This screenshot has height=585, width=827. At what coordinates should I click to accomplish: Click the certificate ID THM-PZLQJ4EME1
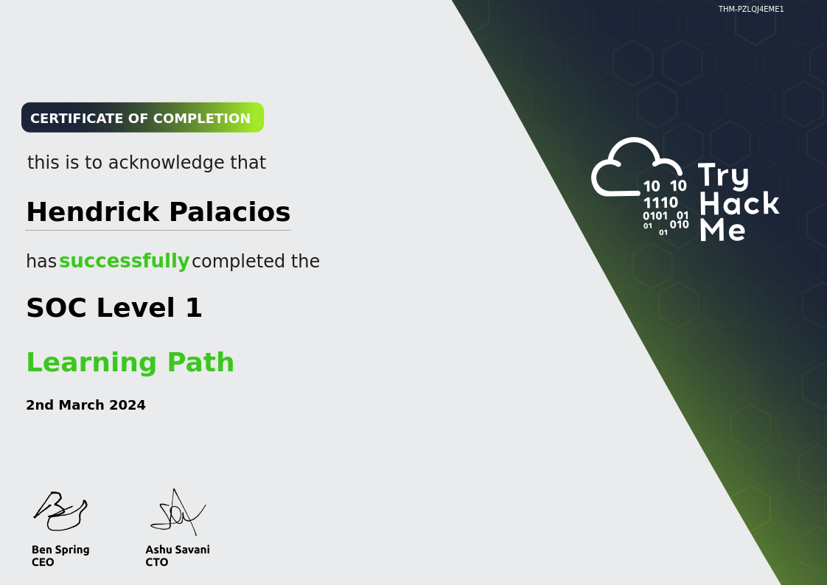click(751, 9)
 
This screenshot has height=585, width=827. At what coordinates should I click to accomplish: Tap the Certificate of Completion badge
click(142, 118)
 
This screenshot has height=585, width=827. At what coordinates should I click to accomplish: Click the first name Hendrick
click(93, 212)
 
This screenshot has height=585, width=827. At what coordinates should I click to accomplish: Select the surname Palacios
click(229, 212)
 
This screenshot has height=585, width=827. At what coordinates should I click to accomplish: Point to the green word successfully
click(124, 261)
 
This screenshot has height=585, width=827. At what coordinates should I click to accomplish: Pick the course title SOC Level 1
click(114, 308)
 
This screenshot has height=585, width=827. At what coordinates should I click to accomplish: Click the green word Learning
click(91, 362)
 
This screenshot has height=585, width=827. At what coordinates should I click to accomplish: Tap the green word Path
click(200, 362)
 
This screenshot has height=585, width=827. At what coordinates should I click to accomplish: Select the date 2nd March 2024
click(86, 404)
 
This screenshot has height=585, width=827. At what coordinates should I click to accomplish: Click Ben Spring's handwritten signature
click(60, 511)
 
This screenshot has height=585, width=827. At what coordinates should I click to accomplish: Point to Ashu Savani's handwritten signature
click(178, 512)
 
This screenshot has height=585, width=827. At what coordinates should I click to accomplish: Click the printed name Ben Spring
click(60, 550)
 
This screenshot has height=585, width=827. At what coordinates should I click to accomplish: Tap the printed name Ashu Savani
click(178, 550)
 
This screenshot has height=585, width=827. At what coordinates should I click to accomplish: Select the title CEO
click(43, 562)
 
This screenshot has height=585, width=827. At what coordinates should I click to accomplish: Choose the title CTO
click(157, 562)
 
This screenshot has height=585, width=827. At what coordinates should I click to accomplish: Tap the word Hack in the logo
click(739, 203)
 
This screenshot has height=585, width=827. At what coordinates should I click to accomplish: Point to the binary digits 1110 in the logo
click(660, 203)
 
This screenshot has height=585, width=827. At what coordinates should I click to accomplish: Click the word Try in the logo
click(723, 176)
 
